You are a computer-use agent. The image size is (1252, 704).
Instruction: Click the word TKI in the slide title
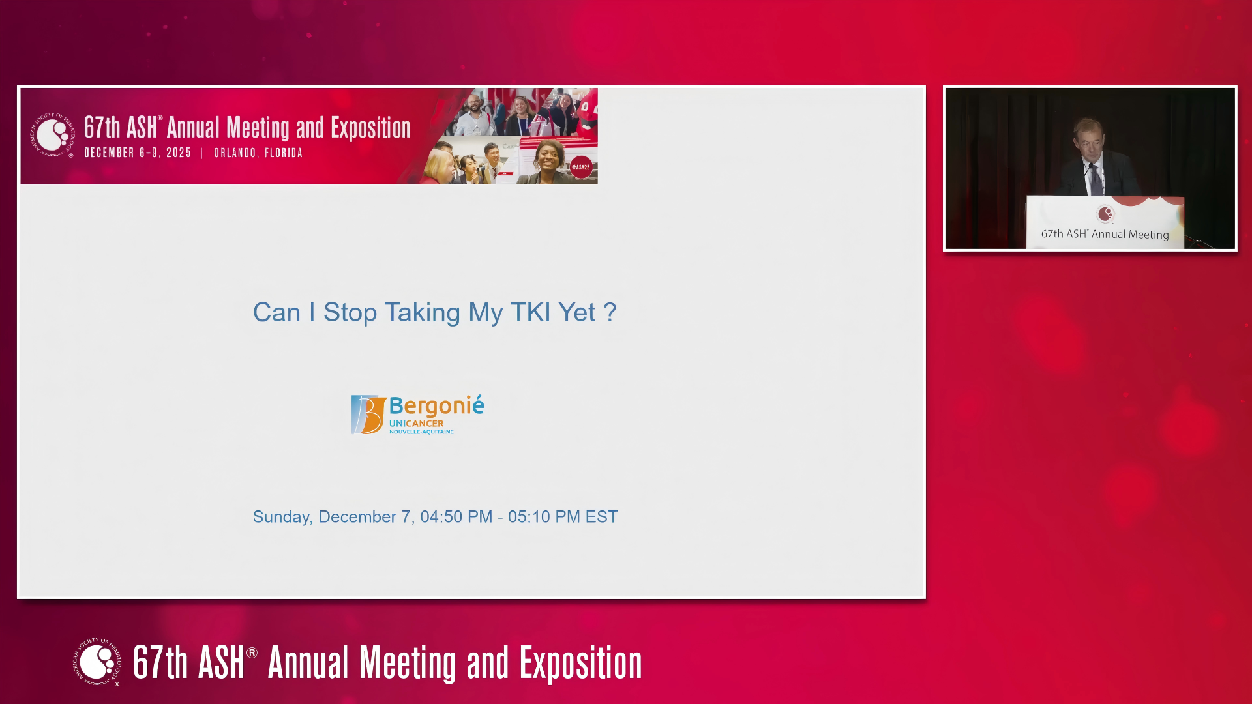(531, 313)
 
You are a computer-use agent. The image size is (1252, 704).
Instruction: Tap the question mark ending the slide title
(610, 313)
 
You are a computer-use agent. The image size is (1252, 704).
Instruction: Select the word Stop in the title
(350, 313)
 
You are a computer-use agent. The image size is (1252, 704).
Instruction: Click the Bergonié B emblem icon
(368, 415)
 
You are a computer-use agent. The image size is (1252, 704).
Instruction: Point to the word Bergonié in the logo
(437, 406)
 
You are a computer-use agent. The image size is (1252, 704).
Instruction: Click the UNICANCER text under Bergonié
(416, 424)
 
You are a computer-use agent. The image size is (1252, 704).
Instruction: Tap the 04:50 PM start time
(456, 517)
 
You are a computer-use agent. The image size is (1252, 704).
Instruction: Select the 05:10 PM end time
(544, 517)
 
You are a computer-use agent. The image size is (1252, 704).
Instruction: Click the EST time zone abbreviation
(601, 517)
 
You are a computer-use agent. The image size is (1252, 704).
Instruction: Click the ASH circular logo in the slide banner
(53, 135)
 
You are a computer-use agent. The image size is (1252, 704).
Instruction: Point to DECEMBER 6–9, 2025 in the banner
(138, 153)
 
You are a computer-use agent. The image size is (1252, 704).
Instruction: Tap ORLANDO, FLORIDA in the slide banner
(258, 153)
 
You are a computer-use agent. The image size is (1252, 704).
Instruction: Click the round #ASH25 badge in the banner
(581, 168)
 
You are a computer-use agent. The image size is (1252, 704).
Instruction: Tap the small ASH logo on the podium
(1105, 214)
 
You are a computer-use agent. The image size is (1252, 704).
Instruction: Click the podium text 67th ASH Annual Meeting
(1105, 234)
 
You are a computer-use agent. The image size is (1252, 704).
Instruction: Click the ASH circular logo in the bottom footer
(97, 662)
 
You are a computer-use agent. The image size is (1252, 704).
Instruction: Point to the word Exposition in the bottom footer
(581, 664)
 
